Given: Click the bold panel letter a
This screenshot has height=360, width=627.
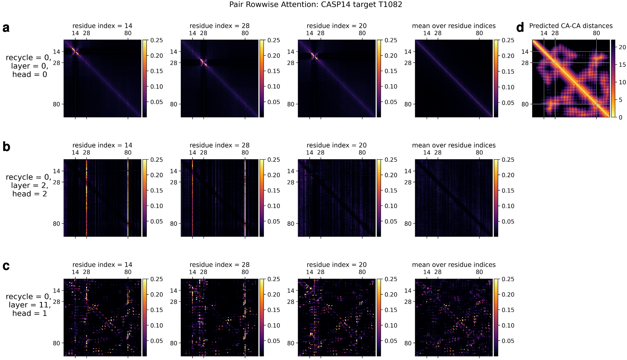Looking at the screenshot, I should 6,28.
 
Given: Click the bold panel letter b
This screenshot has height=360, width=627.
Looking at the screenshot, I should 6,147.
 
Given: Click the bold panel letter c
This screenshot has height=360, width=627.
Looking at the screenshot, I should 6,266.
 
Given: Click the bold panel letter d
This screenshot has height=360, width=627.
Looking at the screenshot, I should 520,28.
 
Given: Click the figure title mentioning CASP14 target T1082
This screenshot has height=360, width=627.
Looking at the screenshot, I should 315,5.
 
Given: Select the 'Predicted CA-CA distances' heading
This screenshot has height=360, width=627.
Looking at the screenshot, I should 571,26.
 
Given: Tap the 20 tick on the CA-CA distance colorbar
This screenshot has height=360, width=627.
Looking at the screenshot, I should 622,47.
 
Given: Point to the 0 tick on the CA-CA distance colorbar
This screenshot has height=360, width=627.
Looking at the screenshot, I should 621,117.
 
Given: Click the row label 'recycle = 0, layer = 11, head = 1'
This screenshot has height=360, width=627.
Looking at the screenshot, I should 29,305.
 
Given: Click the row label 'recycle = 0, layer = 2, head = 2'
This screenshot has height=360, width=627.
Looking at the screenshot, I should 29,186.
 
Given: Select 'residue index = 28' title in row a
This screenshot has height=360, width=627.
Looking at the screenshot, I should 219,26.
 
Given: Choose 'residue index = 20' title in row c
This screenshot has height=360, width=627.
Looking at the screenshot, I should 336,265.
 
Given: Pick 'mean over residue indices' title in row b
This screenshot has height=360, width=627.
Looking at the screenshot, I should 453,145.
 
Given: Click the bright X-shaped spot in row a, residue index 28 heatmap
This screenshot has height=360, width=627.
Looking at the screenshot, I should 203,62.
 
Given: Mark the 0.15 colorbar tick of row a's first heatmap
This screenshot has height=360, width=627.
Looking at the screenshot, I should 156,71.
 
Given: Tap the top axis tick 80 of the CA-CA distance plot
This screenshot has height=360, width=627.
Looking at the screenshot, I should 596,33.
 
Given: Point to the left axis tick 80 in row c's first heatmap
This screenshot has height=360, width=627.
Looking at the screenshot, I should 56,343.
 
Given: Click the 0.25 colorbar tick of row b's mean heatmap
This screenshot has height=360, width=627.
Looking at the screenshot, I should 508,160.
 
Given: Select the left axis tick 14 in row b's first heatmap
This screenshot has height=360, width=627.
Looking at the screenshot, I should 56,171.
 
